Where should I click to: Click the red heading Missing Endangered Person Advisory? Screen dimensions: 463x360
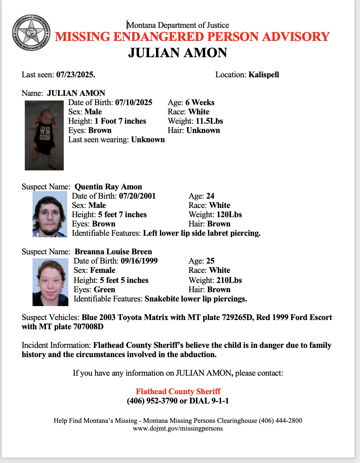pos(192,37)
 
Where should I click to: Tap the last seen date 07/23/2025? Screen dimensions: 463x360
pos(76,75)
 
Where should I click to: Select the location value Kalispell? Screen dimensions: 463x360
pos(263,75)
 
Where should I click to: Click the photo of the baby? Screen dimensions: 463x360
pos(44,135)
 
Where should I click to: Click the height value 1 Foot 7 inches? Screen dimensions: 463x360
pos(120,121)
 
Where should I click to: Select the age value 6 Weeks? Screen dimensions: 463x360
pos(200,102)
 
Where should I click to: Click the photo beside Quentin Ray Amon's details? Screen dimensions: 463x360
pos(49,214)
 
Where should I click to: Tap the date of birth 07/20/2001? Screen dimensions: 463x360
pos(137,196)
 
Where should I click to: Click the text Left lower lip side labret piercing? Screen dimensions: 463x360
pos(202,233)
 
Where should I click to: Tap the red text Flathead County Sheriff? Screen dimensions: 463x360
pos(178,392)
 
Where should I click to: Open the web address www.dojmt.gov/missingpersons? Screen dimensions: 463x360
pos(178,428)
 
